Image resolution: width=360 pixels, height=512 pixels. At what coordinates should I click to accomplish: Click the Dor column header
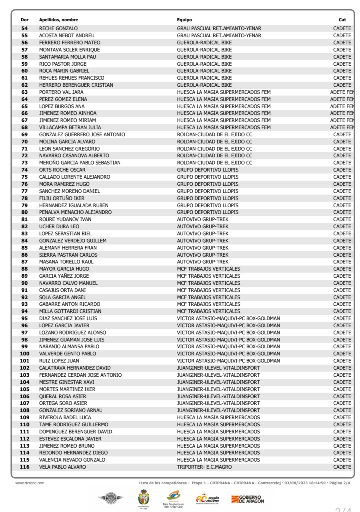(x=24, y=20)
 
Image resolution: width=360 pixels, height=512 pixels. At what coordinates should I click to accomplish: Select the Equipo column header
(x=184, y=20)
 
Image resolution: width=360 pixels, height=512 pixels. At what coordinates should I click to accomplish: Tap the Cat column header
(x=342, y=20)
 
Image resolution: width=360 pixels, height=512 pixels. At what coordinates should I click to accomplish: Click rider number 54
(x=24, y=28)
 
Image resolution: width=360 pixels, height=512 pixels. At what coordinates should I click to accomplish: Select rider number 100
(x=24, y=353)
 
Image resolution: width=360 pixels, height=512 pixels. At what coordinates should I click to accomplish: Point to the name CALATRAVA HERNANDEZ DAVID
(x=75, y=368)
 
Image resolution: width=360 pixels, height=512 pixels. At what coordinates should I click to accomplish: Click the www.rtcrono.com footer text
(x=30, y=483)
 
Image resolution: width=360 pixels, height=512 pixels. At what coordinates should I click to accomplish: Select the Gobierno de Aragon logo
(x=248, y=498)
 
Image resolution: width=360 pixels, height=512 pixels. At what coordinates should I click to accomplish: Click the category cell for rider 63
(x=341, y=92)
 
